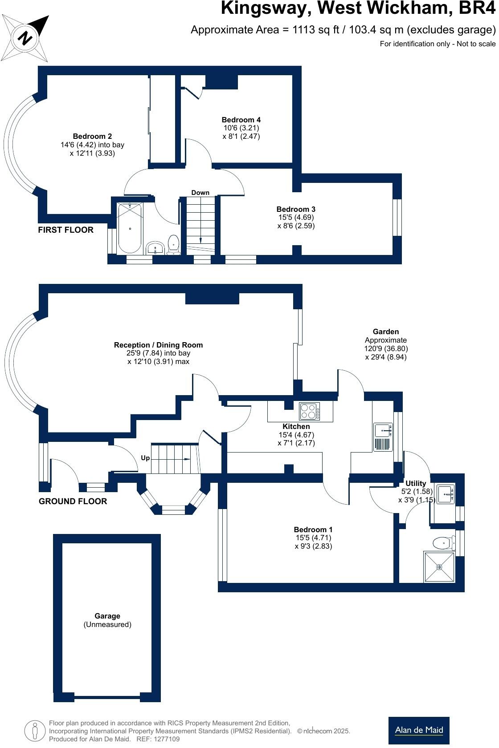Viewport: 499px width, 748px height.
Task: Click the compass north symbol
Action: click(25, 38)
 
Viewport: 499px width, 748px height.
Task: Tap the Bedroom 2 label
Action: click(92, 136)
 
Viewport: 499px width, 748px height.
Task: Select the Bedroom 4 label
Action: click(241, 120)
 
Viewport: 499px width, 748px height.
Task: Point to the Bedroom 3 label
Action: click(296, 209)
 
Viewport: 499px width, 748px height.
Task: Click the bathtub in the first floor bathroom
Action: click(130, 228)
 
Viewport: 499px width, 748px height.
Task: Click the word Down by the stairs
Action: click(200, 193)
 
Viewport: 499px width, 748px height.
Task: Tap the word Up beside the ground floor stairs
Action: click(145, 458)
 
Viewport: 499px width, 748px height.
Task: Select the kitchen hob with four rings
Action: click(309, 411)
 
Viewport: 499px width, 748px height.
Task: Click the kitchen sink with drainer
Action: click(383, 437)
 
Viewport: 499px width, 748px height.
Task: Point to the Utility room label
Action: click(416, 483)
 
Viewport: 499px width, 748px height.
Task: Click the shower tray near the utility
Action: click(439, 567)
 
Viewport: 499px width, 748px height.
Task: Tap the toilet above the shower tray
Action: click(443, 543)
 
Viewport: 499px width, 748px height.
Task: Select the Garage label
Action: click(107, 616)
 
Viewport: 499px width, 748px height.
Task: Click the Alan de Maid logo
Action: click(419, 730)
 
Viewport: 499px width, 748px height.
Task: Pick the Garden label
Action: click(386, 332)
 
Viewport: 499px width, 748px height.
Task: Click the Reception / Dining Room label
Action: click(158, 345)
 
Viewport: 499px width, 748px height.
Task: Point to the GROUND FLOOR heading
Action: click(73, 501)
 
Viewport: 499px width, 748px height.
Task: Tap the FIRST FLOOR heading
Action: click(65, 230)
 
